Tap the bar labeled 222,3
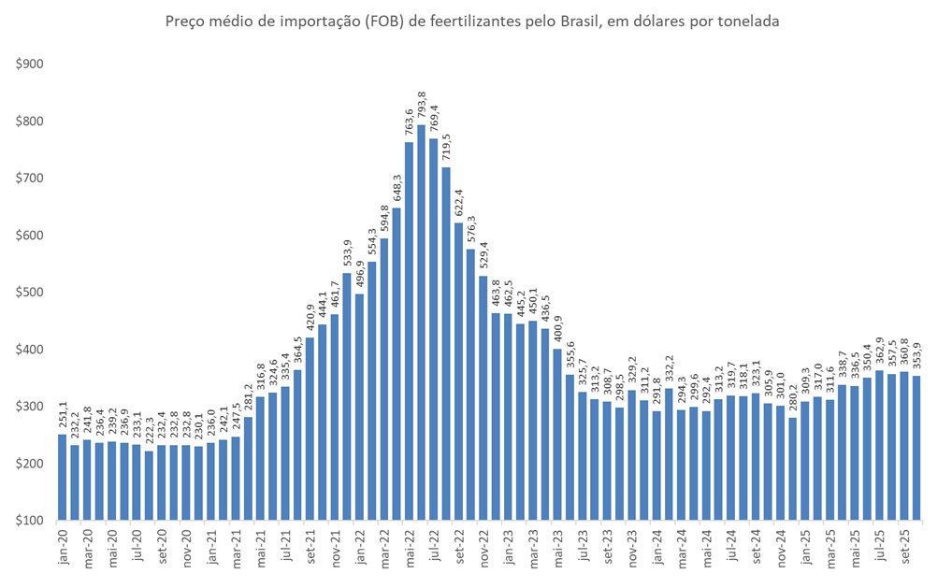point(149,485)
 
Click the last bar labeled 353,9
point(916,448)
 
